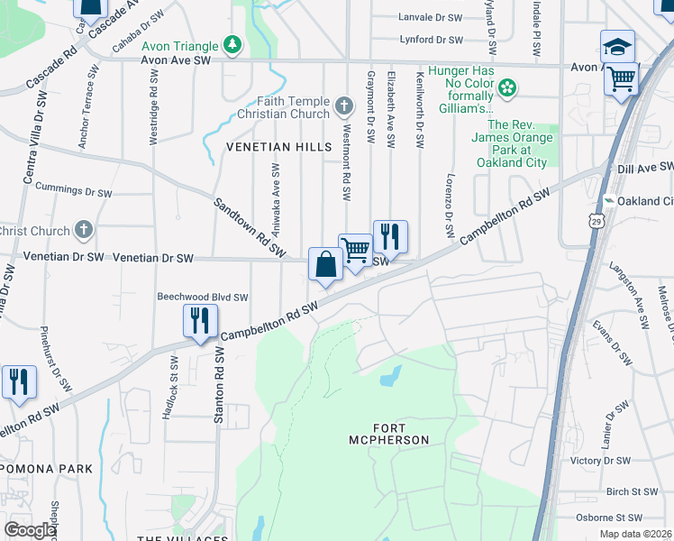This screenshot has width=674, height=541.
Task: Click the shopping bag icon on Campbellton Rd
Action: pos(325,264)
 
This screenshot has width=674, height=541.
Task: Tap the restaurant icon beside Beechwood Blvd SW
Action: pos(199,321)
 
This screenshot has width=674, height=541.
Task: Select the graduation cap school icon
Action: pos(617,47)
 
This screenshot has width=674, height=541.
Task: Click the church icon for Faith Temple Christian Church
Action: pos(342,107)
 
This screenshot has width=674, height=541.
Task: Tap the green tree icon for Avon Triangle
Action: pos(233,45)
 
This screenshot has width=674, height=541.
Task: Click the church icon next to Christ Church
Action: pos(84,230)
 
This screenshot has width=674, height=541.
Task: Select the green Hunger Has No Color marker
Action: pos(507,87)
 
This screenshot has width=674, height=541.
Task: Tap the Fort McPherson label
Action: pos(388,433)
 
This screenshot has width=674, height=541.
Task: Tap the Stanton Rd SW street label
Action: pos(219,387)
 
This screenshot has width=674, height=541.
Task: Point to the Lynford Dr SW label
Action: pos(431,40)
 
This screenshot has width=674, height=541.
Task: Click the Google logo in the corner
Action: pos(29,530)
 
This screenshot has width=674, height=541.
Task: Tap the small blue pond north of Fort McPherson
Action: pos(390,376)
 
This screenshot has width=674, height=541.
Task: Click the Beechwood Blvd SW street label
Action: pos(202,297)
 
